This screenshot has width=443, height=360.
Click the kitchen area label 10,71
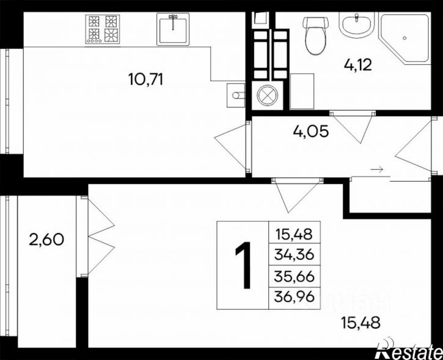(146, 79)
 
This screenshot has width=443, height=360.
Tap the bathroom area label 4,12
(358, 65)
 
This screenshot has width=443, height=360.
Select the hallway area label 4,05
(311, 131)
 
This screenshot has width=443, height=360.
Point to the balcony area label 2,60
(46, 240)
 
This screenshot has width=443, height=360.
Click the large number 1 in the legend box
(243, 265)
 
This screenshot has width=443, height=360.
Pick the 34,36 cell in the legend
(294, 255)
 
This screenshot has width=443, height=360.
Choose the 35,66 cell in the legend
(294, 277)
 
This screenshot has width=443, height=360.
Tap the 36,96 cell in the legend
(294, 297)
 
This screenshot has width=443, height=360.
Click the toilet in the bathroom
(315, 35)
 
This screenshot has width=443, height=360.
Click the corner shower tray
(405, 38)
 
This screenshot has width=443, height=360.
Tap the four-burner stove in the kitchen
(103, 29)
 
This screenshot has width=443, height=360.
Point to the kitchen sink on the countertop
(173, 29)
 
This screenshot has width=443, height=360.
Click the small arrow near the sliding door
(377, 169)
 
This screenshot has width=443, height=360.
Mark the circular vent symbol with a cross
(267, 95)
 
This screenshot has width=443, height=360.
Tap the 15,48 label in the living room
(361, 323)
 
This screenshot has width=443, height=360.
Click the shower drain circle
(405, 38)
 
